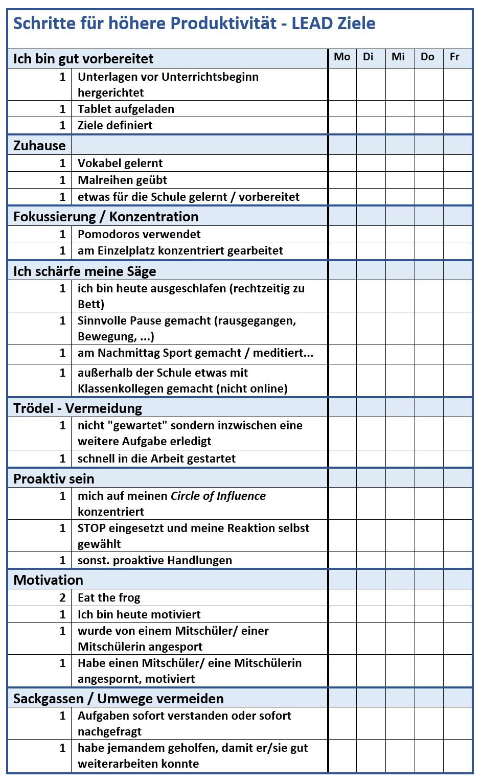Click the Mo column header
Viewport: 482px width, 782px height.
[x=342, y=57]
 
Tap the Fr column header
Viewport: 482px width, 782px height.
[x=454, y=57]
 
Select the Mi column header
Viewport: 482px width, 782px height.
[x=398, y=57]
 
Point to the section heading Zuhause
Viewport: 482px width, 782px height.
[x=39, y=146]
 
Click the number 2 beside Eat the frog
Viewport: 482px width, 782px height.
[x=62, y=597]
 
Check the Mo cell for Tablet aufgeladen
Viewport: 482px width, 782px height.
[x=342, y=109]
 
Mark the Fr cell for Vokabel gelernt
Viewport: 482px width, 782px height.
[x=457, y=163]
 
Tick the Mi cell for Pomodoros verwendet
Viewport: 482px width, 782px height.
[x=400, y=234]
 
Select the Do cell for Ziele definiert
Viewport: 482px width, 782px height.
[x=428, y=125]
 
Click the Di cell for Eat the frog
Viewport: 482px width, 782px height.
[x=371, y=597]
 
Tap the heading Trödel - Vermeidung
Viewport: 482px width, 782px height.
[x=78, y=408]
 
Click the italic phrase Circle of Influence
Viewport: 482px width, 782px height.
[x=218, y=496]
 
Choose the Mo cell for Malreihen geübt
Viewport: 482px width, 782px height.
[x=342, y=180]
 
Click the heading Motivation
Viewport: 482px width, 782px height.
[x=48, y=580]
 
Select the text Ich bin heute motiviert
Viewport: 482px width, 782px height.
[x=139, y=614]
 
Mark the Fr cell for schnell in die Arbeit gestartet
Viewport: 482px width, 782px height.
[x=457, y=458]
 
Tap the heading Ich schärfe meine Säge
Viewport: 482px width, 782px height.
[x=85, y=271]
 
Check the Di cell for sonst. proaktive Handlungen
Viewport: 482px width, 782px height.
[x=371, y=560]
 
